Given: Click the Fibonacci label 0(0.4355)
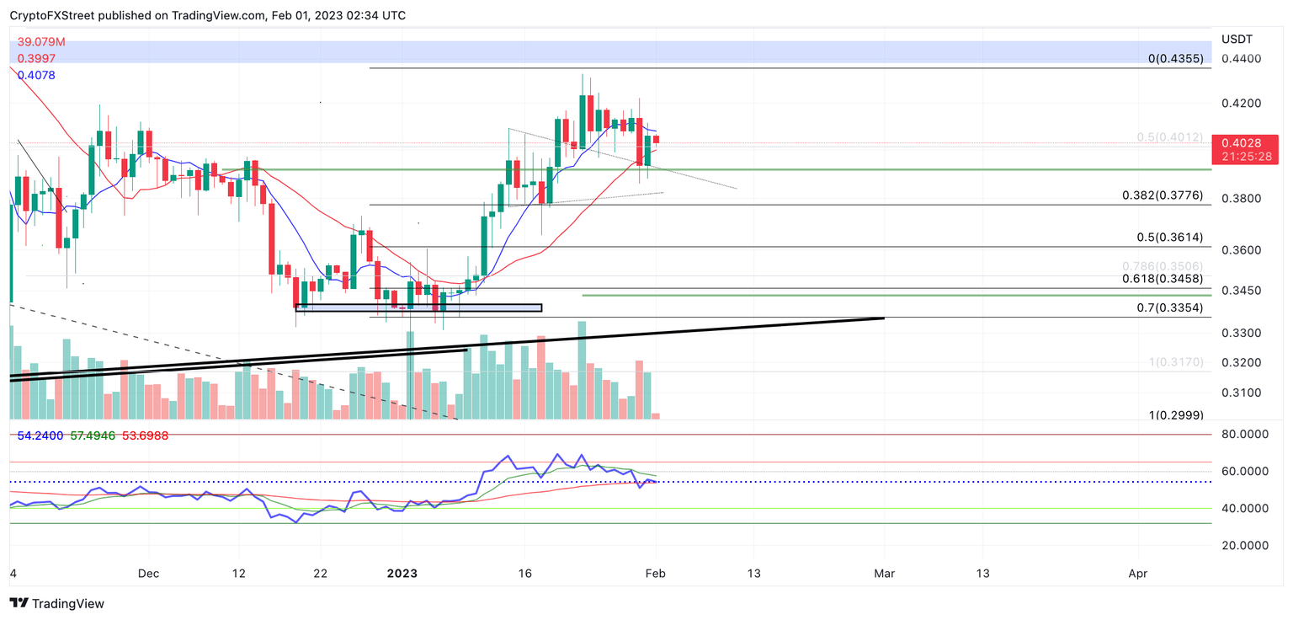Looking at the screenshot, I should (x=1176, y=59).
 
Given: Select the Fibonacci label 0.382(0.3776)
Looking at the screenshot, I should (x=1162, y=195).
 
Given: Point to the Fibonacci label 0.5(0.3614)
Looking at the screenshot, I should (x=1168, y=238).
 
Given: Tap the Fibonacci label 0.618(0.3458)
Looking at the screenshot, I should (x=1162, y=278).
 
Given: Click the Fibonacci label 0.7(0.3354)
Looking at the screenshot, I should (x=1168, y=307).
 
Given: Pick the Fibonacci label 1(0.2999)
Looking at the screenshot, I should (x=1176, y=415).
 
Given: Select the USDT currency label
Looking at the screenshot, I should (x=1237, y=40).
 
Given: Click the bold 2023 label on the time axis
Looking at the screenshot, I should (x=402, y=574).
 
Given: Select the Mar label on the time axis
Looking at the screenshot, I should (x=884, y=574).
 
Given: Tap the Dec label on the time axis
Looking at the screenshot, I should (x=148, y=574).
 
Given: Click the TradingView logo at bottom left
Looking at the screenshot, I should (x=57, y=603).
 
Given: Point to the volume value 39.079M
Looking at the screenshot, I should (x=41, y=41).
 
